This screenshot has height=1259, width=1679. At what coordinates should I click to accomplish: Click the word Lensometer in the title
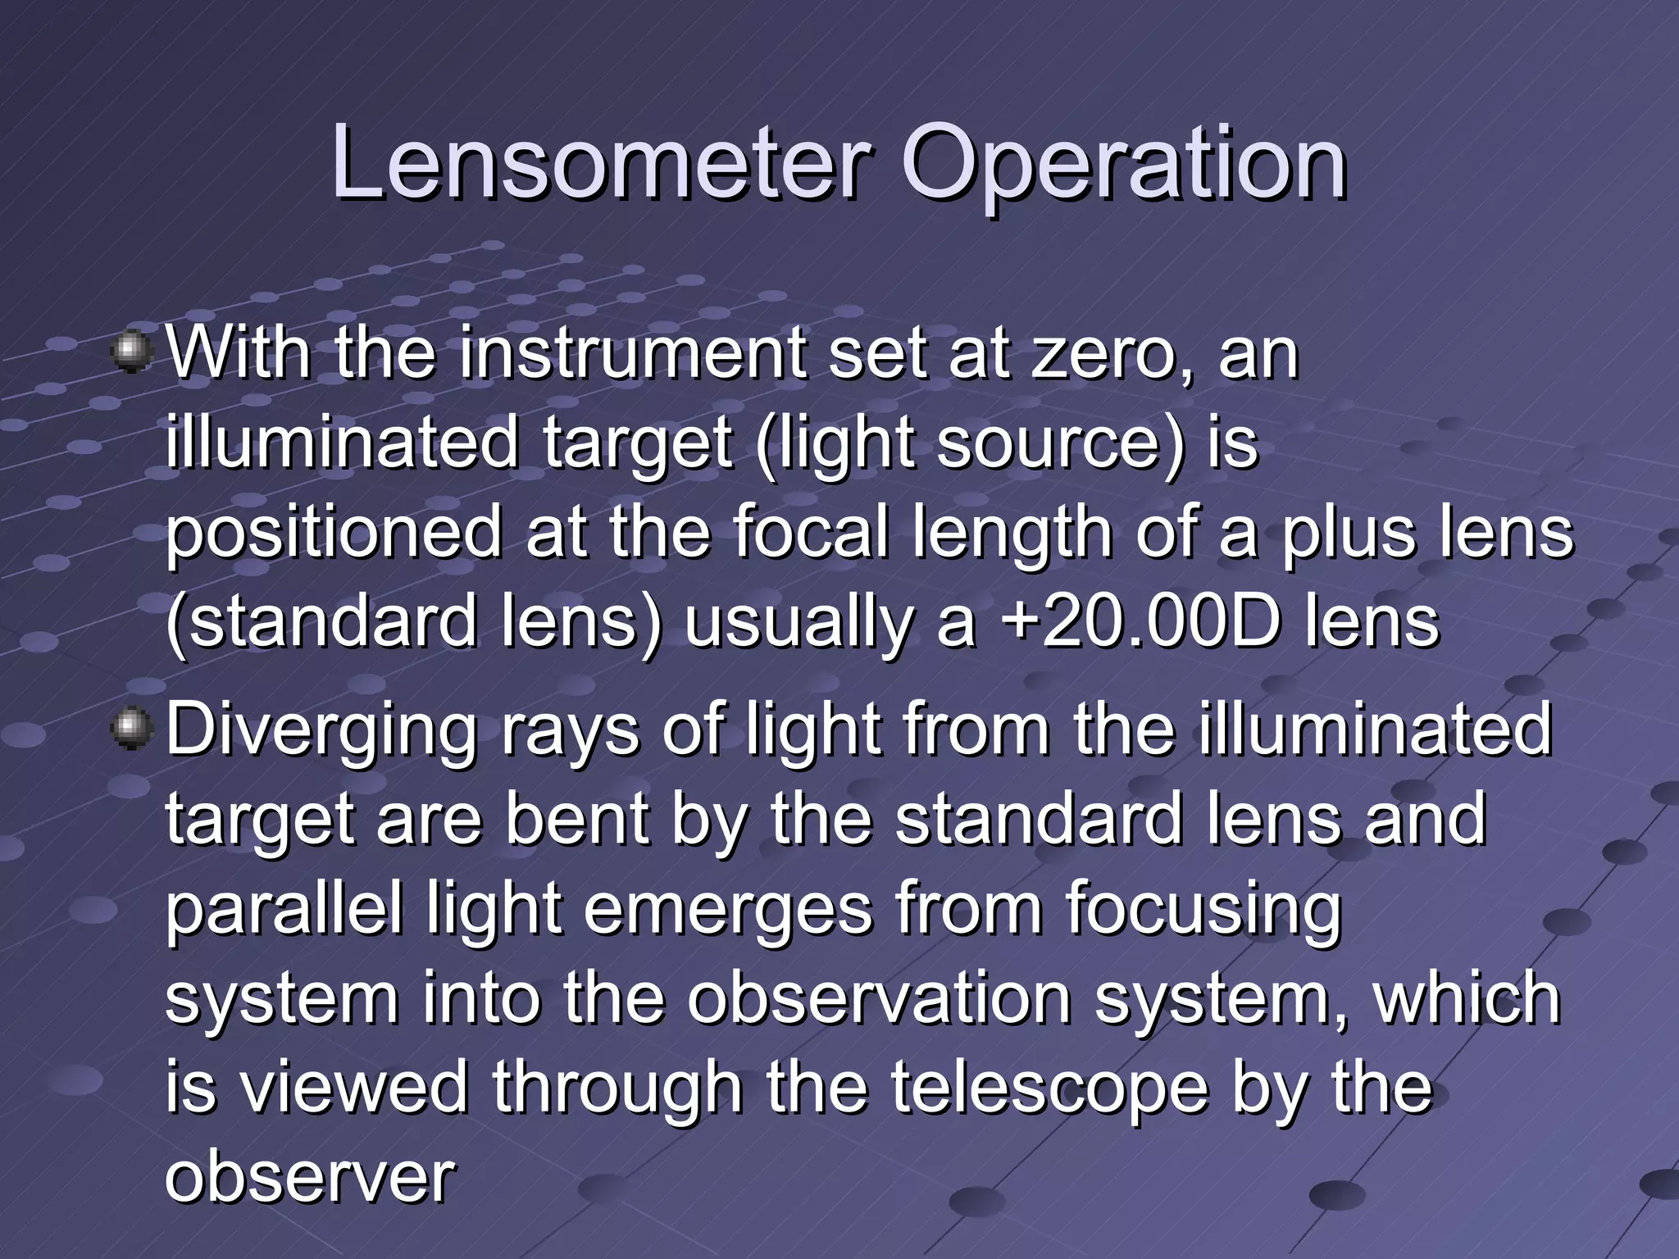599,163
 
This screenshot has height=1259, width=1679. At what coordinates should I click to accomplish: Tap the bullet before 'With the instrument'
131,352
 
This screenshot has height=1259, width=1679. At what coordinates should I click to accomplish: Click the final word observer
310,1179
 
